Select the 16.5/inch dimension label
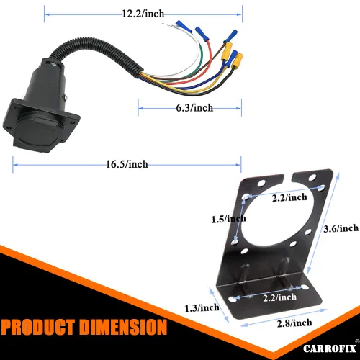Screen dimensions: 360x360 (126, 165)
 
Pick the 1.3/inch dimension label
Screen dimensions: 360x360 (200, 307)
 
